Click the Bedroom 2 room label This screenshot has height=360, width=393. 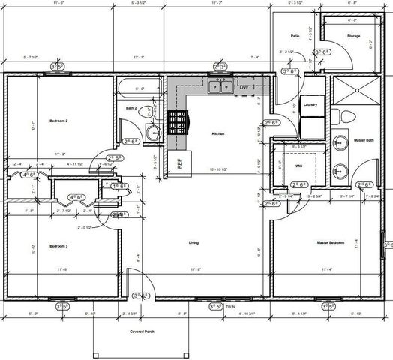point(58,120)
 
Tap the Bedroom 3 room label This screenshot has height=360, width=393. point(58,246)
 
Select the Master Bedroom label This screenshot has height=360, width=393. point(331,243)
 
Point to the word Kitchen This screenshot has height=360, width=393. point(218,133)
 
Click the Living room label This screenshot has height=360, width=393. point(193,243)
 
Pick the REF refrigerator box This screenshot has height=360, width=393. point(180,162)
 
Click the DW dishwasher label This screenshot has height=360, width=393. point(244,88)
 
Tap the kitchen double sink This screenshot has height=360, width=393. point(220,87)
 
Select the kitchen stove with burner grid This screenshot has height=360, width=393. point(176,122)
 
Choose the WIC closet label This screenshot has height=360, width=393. point(298,166)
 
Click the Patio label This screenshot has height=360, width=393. point(295,36)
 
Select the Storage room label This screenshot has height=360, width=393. point(353,36)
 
